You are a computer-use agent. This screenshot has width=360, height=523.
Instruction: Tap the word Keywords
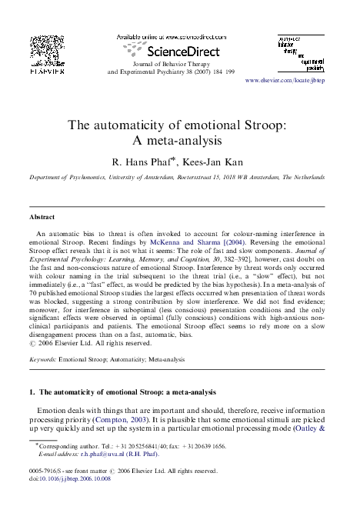coord(43,360)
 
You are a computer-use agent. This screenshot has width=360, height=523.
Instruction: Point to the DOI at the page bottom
coord(70,478)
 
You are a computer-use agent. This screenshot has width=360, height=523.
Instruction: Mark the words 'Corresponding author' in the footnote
coord(65,445)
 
